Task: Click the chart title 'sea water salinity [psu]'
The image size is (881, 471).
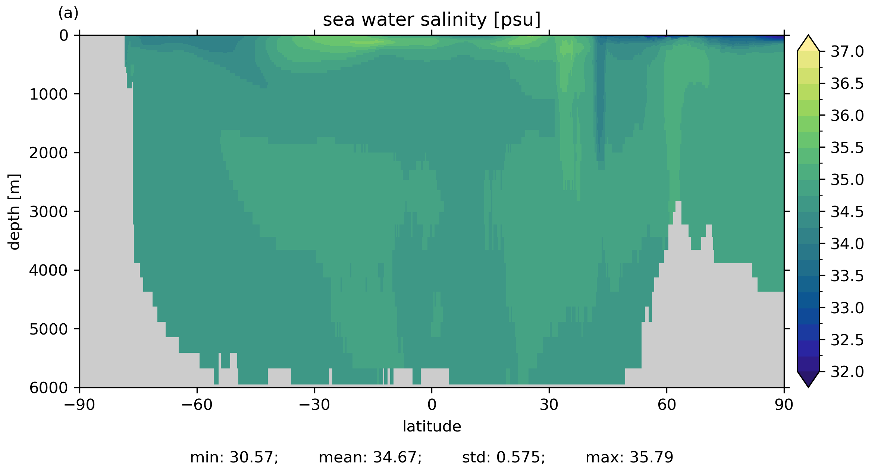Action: point(432,20)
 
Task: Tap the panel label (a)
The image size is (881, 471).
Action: point(68,13)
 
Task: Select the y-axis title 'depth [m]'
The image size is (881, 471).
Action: point(14,211)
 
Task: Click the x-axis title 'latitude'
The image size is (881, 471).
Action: point(432,426)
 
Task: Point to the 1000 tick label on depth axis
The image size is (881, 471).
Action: point(48,94)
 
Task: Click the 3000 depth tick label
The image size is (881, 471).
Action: point(48,212)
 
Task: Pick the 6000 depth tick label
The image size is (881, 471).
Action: point(48,388)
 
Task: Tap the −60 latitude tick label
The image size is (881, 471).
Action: point(197,405)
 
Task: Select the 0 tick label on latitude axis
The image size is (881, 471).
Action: point(432,405)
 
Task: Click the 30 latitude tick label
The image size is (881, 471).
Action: point(549,405)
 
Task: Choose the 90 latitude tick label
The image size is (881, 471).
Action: point(784,405)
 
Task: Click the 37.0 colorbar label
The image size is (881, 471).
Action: point(847,52)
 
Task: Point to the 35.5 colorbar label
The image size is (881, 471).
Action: point(847,148)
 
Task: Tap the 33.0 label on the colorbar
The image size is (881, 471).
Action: point(847,308)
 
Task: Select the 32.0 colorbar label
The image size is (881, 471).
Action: point(847,372)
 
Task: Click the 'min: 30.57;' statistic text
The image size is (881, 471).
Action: point(234,458)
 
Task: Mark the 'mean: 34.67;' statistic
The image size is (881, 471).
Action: point(370,458)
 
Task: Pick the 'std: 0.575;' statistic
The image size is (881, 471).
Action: point(504,458)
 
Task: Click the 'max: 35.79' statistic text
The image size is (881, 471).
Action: point(629,458)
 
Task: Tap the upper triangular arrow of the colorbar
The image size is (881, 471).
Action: point(808,44)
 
